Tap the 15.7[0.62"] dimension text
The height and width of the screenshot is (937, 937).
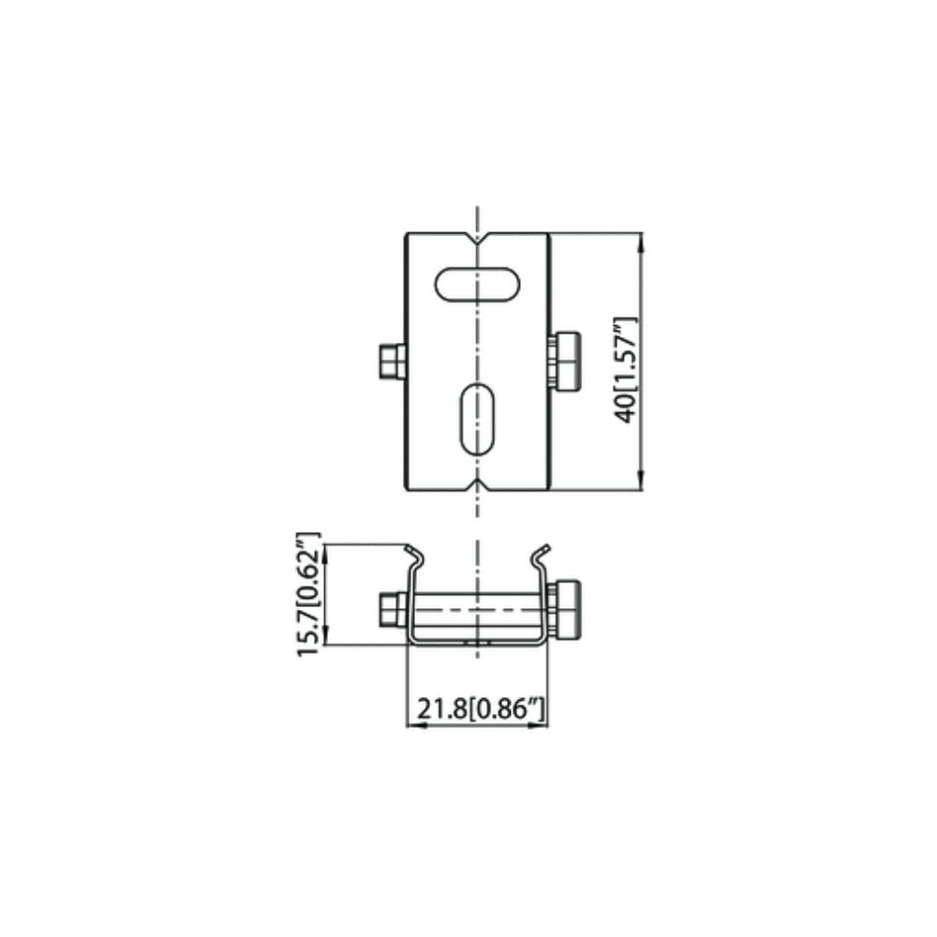(x=308, y=594)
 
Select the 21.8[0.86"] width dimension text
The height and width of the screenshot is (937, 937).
(x=481, y=709)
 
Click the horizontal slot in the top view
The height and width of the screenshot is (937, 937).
(x=477, y=285)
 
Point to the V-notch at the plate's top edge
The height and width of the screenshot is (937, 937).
(x=477, y=239)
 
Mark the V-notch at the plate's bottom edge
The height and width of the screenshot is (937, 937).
(x=477, y=483)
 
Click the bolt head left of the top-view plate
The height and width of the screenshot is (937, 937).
(x=392, y=362)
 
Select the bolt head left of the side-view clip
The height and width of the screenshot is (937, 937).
(x=394, y=610)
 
